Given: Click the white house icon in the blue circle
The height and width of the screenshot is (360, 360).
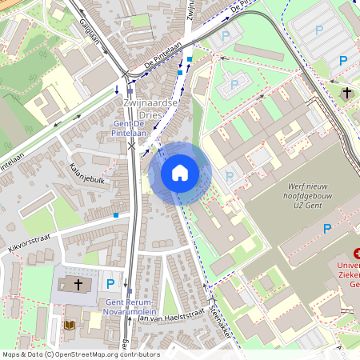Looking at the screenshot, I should (x=180, y=173).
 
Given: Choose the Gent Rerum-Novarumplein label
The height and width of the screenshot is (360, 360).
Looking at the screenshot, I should (x=132, y=306).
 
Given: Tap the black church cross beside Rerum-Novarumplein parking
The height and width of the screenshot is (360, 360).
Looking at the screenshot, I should (x=79, y=283).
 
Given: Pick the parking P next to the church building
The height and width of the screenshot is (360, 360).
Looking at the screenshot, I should (x=111, y=283).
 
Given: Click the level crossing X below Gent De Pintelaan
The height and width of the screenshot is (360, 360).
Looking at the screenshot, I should (x=132, y=146).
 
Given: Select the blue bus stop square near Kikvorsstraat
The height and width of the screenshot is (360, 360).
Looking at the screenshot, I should (x=117, y=214).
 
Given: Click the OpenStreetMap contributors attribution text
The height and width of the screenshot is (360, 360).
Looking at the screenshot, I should (x=80, y=354).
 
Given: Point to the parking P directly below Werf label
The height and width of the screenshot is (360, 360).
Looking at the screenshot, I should (x=326, y=229).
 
